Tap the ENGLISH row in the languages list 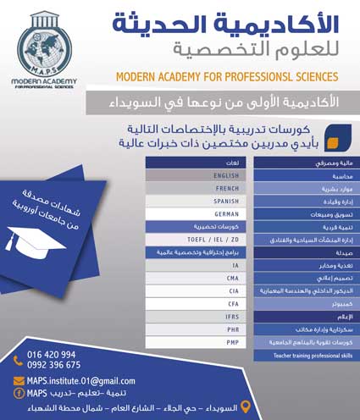200,174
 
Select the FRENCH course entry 200,187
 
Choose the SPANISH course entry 200,201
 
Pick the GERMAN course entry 200,214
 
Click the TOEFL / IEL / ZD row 200,240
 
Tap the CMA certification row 200,277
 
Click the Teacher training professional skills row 300,356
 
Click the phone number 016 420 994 52,354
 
